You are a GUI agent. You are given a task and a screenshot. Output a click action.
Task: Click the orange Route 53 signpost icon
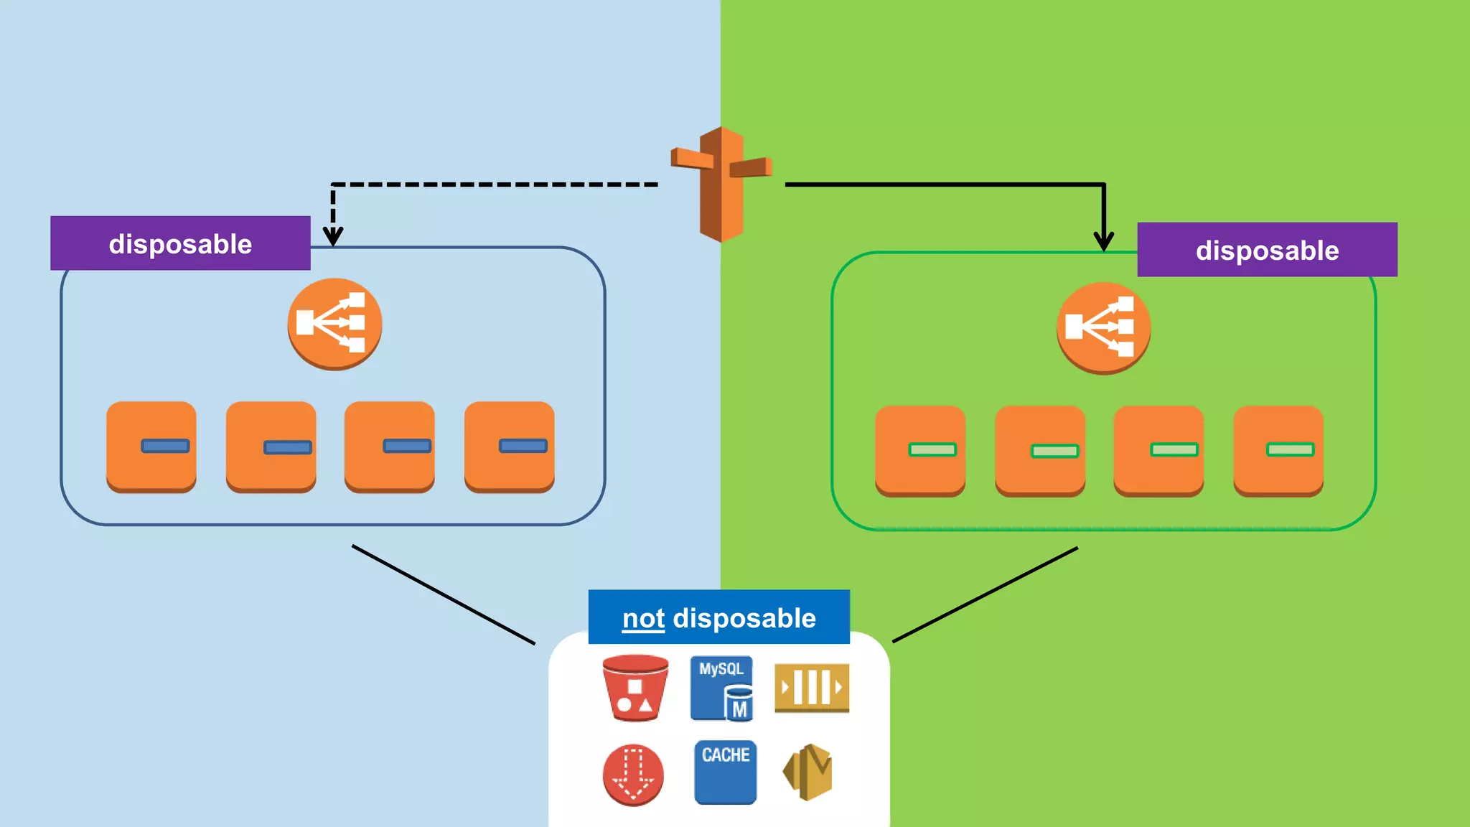coord(721,184)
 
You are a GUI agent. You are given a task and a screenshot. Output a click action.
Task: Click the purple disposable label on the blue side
coord(180,243)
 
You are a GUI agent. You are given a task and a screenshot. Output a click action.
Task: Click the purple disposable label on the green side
coord(1267,250)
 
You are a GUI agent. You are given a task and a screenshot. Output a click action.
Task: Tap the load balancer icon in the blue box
coord(334,324)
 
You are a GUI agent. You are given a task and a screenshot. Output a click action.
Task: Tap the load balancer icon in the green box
coord(1103,328)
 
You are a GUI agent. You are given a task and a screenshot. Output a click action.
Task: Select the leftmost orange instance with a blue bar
coord(151,447)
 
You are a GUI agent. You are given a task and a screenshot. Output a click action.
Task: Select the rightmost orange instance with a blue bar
coord(509,447)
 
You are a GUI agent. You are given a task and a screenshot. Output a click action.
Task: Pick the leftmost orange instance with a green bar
coord(920,451)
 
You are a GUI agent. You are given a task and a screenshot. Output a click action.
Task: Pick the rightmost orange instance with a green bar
coord(1278,451)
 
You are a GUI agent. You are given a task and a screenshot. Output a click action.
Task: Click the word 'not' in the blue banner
coord(643,618)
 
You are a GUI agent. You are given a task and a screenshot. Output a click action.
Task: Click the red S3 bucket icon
coord(635,688)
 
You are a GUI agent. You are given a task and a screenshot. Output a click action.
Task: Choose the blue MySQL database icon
coord(721,688)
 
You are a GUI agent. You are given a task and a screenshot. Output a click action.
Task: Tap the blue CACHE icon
coord(725,772)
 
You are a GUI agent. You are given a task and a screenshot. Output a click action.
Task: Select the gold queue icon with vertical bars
coord(812,688)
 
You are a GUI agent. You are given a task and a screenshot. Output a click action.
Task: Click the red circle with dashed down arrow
coord(633,775)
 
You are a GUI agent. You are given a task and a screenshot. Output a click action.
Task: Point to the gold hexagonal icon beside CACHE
coord(808,772)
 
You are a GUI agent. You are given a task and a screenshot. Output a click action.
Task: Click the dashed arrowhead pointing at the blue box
coord(333,236)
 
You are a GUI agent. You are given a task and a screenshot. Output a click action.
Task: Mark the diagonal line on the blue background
coord(443,594)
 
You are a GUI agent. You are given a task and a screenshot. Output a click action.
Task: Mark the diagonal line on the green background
coord(985,594)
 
